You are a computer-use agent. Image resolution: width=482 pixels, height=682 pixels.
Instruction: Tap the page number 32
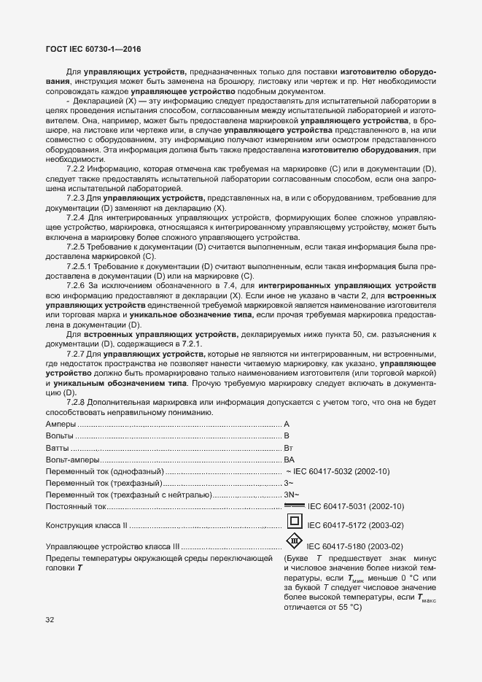(50, 620)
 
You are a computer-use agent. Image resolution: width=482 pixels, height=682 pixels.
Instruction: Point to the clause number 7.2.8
(77, 402)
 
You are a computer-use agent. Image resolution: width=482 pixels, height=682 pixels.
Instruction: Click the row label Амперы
(61, 424)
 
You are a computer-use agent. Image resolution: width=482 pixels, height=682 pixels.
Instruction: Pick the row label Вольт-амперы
(71, 460)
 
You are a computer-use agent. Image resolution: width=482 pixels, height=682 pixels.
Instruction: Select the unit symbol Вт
(289, 448)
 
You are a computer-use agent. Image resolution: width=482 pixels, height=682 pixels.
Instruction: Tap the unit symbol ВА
(289, 460)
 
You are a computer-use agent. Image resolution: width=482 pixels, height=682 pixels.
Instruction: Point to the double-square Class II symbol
(294, 522)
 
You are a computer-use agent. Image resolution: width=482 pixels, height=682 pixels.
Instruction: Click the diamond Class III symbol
(293, 544)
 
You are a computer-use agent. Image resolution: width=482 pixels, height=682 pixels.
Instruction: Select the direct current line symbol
(294, 505)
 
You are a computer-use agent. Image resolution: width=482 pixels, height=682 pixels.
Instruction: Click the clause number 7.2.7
(77, 353)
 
